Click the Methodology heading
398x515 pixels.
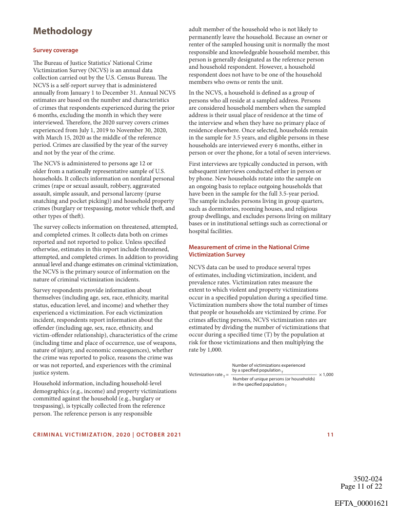click(x=62, y=31)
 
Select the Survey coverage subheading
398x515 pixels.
click(x=55, y=50)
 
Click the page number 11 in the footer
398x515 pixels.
click(x=330, y=435)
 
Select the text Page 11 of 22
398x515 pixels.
click(x=361, y=486)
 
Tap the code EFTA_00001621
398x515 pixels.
click(x=361, y=503)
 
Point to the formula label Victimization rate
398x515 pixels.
click(x=206, y=374)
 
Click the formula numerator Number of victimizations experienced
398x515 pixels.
click(x=268, y=365)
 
